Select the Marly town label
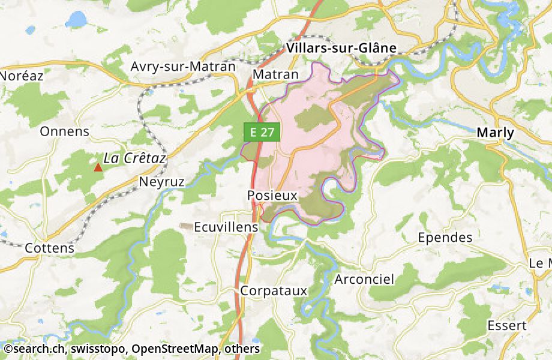tap(495, 133)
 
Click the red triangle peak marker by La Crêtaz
tap(98, 167)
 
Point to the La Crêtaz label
tap(134, 158)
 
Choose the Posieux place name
tap(272, 196)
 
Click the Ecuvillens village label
tap(226, 228)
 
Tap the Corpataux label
tap(274, 290)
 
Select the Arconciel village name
tap(364, 280)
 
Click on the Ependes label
tap(445, 238)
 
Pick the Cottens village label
tap(50, 248)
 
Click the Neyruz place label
tap(161, 181)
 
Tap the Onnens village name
tap(64, 131)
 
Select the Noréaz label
tap(22, 76)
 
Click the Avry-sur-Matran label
tap(183, 67)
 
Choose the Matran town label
tap(275, 74)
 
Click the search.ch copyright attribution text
tap(131, 349)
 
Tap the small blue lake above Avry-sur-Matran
tap(76, 20)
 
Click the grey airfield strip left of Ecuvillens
tap(187, 226)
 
